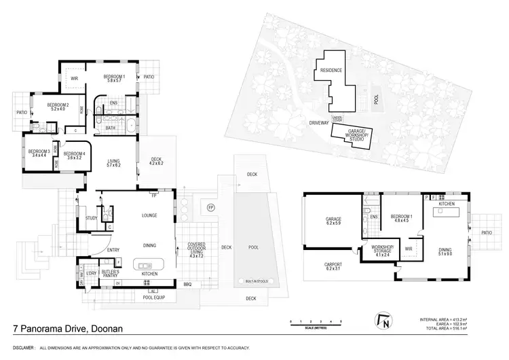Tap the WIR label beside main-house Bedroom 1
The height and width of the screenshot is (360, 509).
click(75, 79)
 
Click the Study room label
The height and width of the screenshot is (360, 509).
click(91, 218)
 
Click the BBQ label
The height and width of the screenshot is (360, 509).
click(188, 285)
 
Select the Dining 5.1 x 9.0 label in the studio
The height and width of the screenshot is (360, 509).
click(445, 253)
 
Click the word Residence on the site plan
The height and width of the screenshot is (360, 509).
click(331, 71)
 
